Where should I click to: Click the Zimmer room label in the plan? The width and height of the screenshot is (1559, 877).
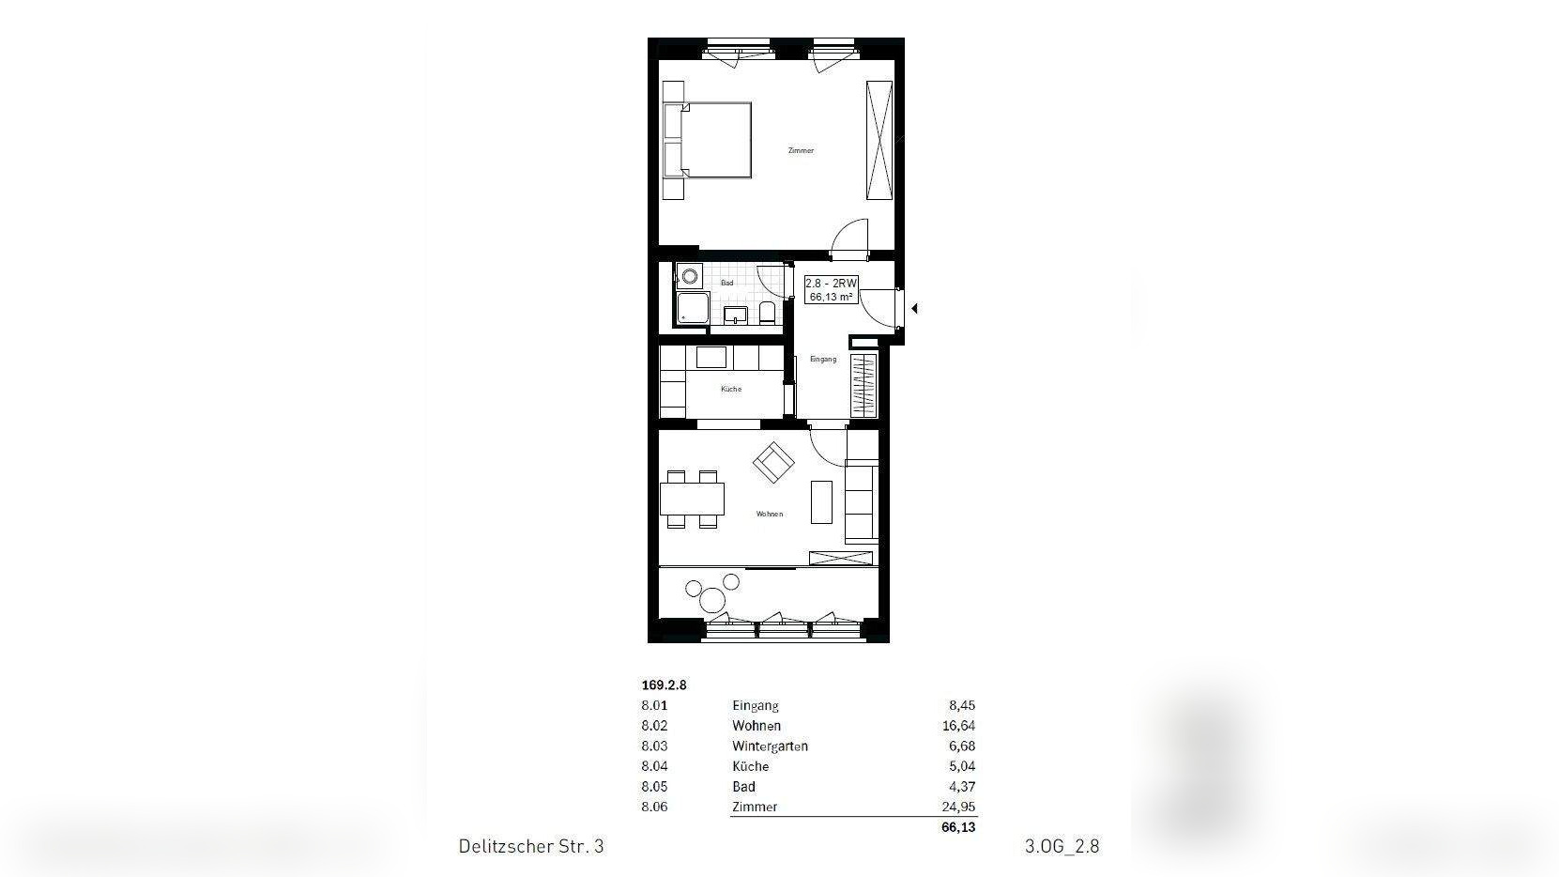[801, 151]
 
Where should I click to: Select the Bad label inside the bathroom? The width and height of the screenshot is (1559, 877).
[727, 283]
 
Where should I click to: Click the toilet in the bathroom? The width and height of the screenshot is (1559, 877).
[767, 313]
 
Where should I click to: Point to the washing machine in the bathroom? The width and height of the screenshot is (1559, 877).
[690, 276]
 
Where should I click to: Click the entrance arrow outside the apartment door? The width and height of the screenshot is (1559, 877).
[914, 308]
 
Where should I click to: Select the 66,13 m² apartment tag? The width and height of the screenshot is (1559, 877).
[831, 289]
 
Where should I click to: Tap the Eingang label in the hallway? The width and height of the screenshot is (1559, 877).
[822, 360]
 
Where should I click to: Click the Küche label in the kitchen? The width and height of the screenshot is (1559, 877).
[731, 389]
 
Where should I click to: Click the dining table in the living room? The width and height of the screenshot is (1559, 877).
[693, 498]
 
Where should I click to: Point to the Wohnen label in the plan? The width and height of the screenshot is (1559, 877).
[770, 515]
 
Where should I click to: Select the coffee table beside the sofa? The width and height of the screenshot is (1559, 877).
[821, 502]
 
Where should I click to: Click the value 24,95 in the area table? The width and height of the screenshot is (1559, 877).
[957, 807]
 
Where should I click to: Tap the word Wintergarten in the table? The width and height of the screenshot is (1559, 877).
[770, 746]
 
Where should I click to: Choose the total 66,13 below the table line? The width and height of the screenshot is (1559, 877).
[957, 827]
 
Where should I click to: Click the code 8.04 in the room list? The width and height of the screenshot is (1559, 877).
[654, 766]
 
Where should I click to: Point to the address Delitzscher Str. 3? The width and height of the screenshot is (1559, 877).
[531, 846]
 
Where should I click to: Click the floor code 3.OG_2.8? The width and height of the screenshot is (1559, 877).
[1062, 846]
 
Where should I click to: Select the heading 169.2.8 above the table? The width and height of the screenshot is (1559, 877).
[664, 685]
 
